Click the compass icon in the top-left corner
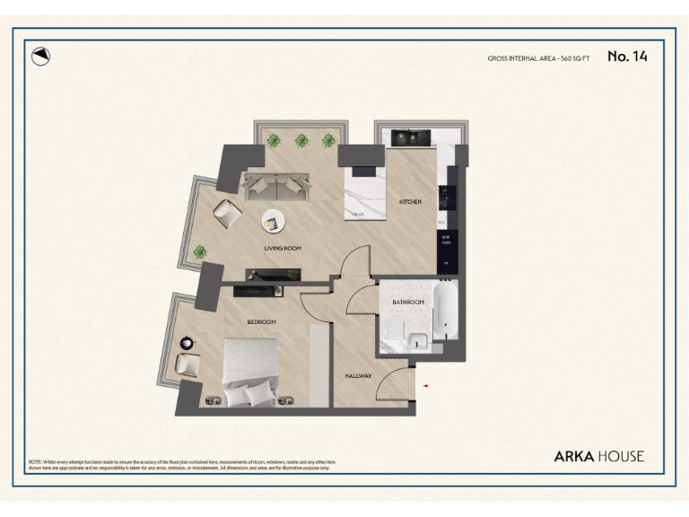point(40,56)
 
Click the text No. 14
point(627,57)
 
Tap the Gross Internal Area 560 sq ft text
point(538,58)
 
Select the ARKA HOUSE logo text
point(598,456)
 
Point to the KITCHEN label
point(410,202)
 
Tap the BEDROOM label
point(262,321)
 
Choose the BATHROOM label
point(407,302)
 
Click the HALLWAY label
point(359,375)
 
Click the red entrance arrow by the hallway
point(426,386)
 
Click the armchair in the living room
point(226,214)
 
